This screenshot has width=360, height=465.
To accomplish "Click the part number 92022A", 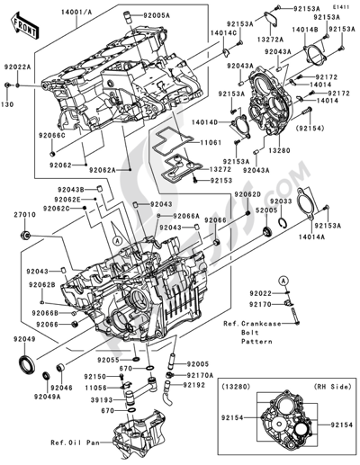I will coord(17,67).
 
